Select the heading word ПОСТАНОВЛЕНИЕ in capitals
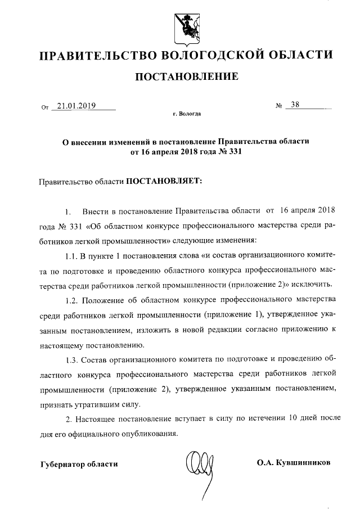pos(185,76)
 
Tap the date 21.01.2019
pos(77,105)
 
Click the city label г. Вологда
pos(186,114)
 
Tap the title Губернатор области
pos(79,463)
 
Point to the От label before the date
pos(45,106)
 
